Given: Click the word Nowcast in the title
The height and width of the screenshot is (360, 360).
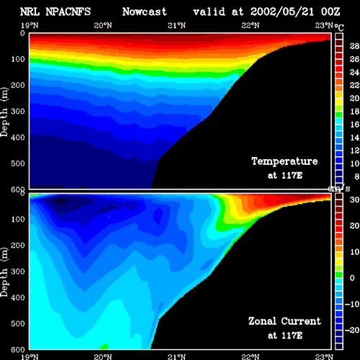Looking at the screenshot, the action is click(x=145, y=12).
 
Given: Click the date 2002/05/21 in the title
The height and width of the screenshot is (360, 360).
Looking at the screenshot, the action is click(x=282, y=12).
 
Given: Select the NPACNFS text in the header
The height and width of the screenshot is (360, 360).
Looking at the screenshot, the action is click(x=68, y=12).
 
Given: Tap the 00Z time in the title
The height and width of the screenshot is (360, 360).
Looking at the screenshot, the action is click(x=330, y=12).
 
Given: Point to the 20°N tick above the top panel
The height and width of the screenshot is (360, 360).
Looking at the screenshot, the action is click(x=103, y=25).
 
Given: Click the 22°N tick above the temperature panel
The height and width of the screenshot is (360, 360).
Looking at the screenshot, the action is click(x=251, y=25).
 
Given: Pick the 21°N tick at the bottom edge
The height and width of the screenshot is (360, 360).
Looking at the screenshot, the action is click(x=176, y=357).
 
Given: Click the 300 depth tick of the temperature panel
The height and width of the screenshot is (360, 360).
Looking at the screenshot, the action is click(x=18, y=112).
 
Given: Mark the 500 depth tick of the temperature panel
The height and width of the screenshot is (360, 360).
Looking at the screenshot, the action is click(x=18, y=163).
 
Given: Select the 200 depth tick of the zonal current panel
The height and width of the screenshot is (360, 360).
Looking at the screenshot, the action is click(x=18, y=246).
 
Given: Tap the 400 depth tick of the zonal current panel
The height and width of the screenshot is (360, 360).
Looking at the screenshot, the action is click(x=18, y=297).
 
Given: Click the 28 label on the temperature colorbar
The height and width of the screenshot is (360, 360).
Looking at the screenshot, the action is click(x=354, y=46).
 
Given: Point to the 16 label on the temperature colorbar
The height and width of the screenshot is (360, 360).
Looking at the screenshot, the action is click(x=354, y=125).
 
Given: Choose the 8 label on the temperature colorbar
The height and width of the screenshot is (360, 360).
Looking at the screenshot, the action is click(x=357, y=176).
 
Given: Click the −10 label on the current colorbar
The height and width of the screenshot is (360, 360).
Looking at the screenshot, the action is click(x=352, y=304).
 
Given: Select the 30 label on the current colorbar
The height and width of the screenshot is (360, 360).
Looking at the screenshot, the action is click(x=354, y=199).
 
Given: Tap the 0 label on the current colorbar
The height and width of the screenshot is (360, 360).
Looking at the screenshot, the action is click(x=352, y=278).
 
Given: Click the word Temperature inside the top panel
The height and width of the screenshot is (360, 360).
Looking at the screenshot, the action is click(x=284, y=161).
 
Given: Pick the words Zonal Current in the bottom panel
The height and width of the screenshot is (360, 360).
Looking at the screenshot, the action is click(x=284, y=321).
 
